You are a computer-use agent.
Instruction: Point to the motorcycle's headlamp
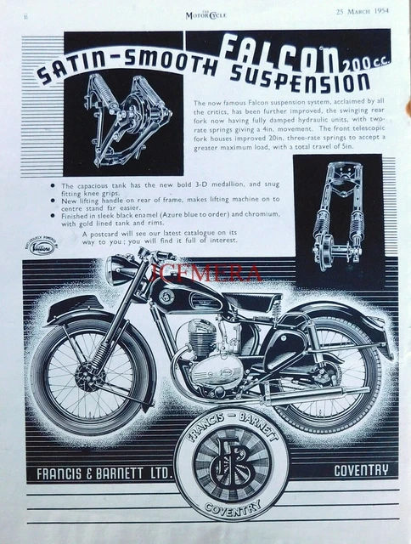click(120, 271)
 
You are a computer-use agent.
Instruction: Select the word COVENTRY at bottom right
click(360, 469)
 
